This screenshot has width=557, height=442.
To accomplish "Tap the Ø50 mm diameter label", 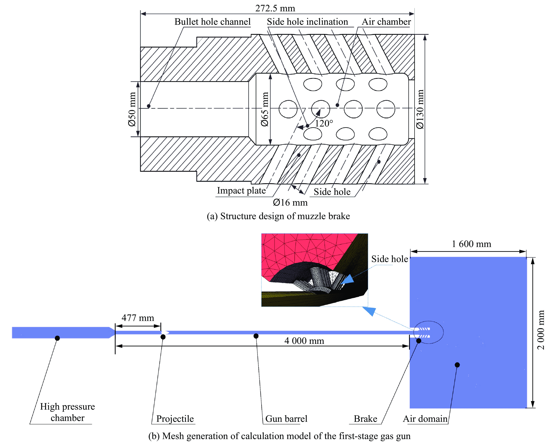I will point(132,109).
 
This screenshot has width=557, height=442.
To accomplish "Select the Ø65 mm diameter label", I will point(265,109).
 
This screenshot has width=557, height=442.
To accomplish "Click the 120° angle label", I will point(324,123).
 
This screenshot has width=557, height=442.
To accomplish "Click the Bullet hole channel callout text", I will point(212,22).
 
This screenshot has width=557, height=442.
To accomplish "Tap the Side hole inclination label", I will point(307,22).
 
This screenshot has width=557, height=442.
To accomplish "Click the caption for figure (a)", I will point(278,216).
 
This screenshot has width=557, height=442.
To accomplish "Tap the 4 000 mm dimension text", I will point(304,341).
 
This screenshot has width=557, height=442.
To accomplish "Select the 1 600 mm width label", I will point(471,244).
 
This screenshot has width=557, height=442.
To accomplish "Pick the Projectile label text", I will point(175,419).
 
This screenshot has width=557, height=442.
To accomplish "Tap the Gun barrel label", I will point(286,419).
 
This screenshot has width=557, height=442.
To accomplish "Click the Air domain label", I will point(425,419).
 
